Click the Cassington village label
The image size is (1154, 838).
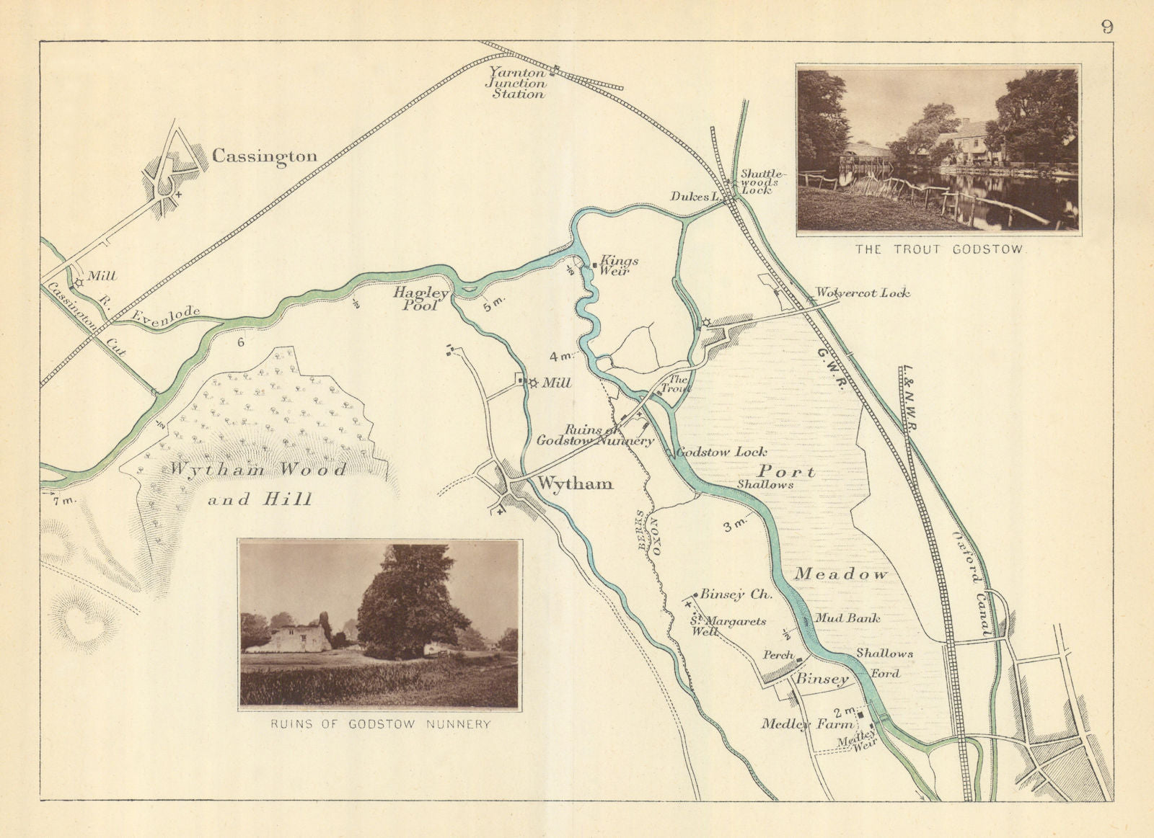coord(264,156)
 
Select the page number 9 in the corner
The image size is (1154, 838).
coord(1107,27)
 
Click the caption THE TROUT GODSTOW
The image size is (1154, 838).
coord(940,250)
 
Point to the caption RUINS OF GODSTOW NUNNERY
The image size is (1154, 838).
coord(380,724)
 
